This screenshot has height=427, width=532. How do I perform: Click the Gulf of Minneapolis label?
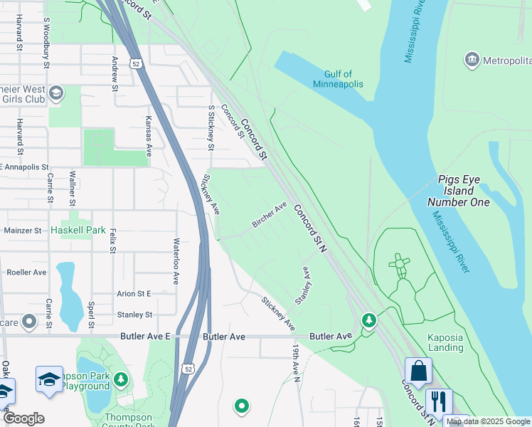coord(338,78)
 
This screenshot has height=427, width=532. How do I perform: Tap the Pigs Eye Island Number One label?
coord(459,191)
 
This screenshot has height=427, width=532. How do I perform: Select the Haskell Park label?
coord(78,230)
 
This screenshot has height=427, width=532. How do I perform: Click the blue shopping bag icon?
coord(418,371)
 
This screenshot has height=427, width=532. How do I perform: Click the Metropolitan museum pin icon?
coord(471,60)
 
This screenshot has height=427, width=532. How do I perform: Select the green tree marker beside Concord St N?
coord(368,321)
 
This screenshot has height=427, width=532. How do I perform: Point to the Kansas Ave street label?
coord(149,137)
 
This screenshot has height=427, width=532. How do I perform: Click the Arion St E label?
coord(134,293)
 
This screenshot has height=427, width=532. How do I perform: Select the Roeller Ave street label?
coord(26,272)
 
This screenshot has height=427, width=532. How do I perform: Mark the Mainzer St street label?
coord(23,231)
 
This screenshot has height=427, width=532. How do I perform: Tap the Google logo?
coord(23,418)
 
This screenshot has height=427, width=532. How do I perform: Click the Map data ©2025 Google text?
coord(488,421)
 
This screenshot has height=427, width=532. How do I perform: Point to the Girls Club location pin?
coord(55,93)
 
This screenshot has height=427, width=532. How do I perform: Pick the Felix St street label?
coord(112,241)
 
